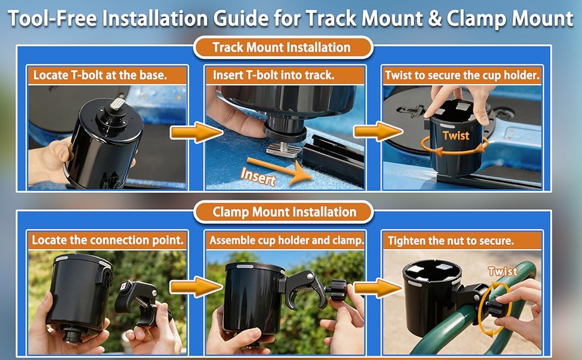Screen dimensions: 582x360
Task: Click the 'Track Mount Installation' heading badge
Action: tap(283, 47)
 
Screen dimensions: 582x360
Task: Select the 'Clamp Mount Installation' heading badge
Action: tap(284, 212)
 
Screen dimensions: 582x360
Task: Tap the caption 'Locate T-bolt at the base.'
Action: tap(100, 76)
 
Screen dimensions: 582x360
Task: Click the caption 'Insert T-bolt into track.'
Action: tap(274, 76)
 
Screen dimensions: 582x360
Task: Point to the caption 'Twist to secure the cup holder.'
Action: tap(462, 76)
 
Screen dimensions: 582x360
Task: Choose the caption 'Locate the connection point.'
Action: tap(107, 240)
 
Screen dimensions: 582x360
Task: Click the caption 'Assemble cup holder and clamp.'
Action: tap(286, 240)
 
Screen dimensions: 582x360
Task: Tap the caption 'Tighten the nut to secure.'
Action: tap(451, 241)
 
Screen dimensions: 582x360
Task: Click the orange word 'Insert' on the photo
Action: tap(259, 176)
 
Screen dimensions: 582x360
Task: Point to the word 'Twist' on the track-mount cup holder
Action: tap(456, 136)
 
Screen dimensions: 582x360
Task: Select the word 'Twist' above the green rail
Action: tap(503, 271)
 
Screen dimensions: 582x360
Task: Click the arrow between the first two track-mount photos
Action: tap(197, 133)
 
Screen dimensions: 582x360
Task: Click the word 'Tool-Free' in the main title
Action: tap(53, 18)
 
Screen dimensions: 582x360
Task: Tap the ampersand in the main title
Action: tap(434, 19)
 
